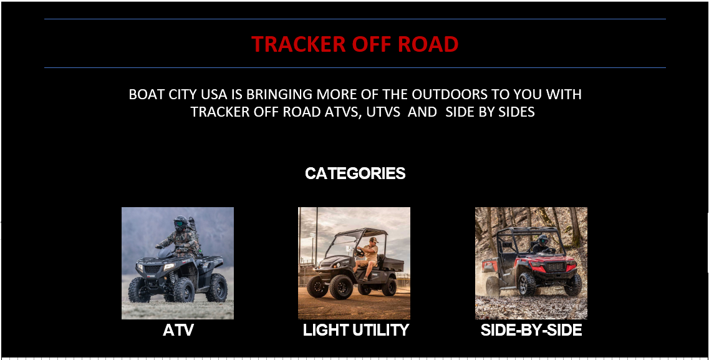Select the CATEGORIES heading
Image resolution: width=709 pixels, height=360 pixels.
[355, 173]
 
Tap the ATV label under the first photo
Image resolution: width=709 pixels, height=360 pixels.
[178, 330]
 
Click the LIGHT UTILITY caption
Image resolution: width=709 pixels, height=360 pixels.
[355, 330]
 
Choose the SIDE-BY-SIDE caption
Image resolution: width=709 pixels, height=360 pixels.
[531, 330]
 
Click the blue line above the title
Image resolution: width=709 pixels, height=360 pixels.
[355, 19]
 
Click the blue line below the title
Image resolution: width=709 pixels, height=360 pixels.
[355, 67]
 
